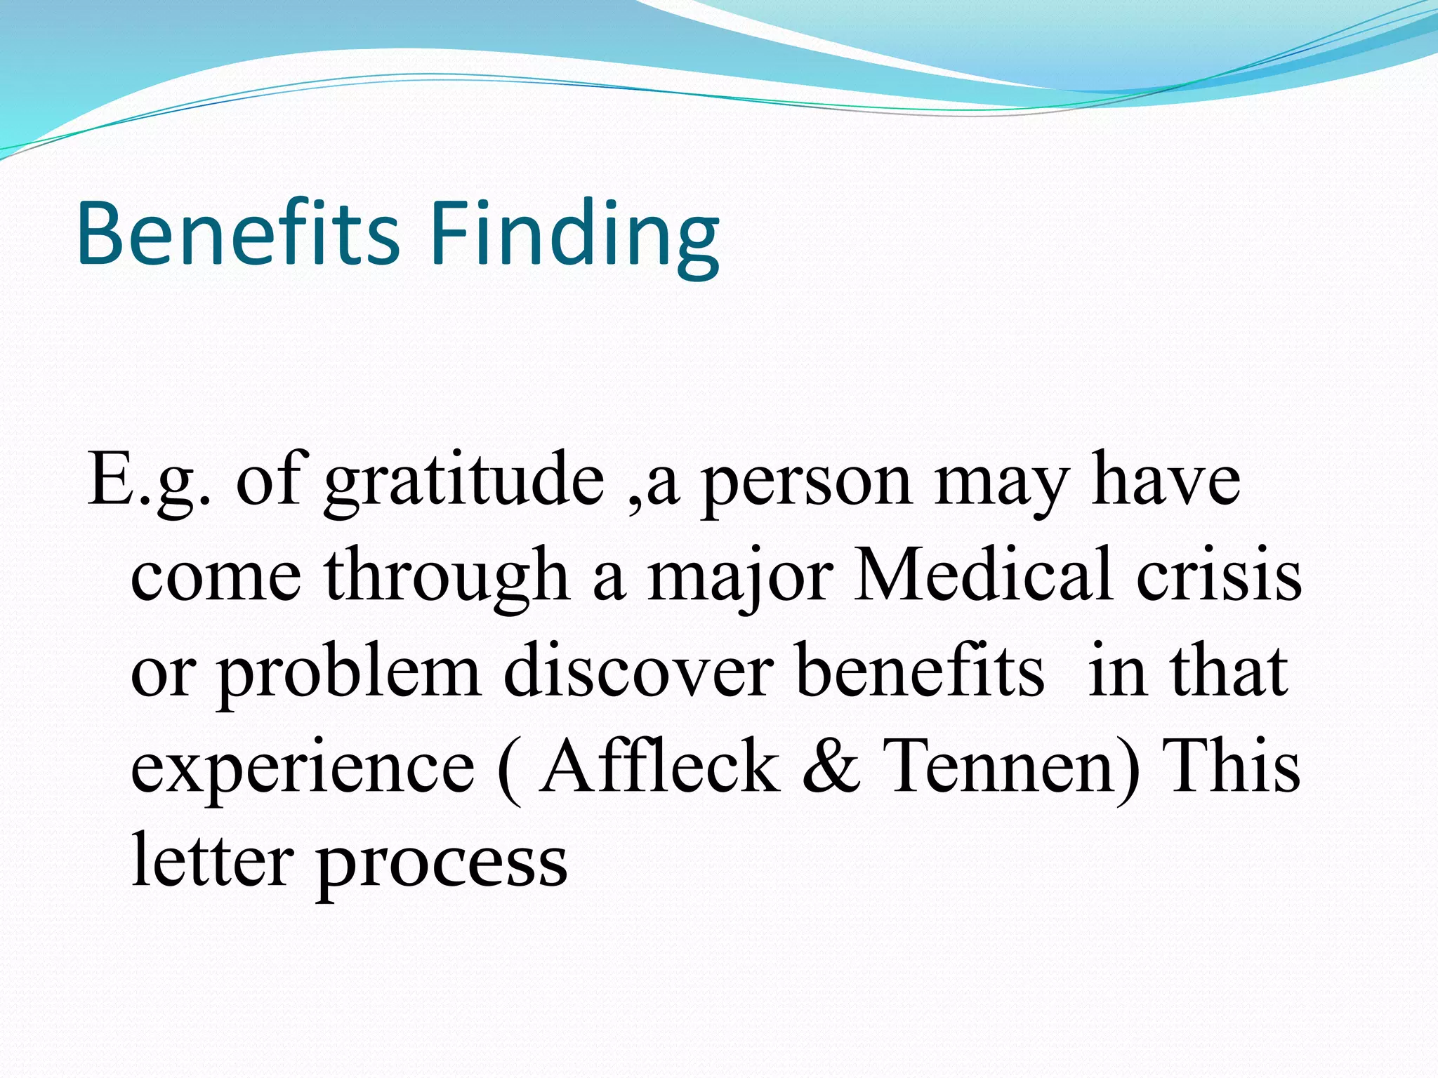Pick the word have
coord(1165,479)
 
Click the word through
coord(447,578)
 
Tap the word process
coord(442,866)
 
